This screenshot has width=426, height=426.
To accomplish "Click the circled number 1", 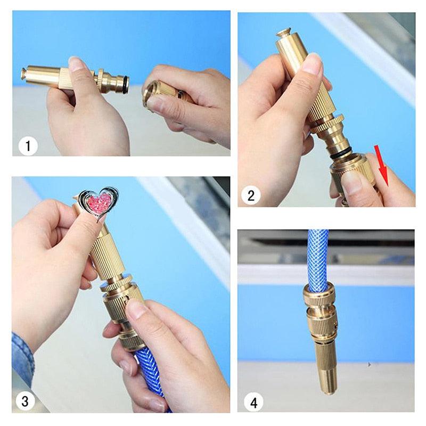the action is click(x=28, y=146).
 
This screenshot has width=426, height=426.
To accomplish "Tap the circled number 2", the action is click(x=251, y=195).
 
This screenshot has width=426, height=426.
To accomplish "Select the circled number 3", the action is click(x=25, y=401).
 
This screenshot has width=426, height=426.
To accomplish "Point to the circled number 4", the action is click(x=253, y=403).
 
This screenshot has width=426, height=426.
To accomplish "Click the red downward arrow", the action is click(x=382, y=166).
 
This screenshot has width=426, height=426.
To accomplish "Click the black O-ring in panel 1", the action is click(x=125, y=85).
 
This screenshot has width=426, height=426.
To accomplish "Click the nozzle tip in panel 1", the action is click(x=24, y=74).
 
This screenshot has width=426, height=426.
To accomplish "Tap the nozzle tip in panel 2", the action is click(x=284, y=32).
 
